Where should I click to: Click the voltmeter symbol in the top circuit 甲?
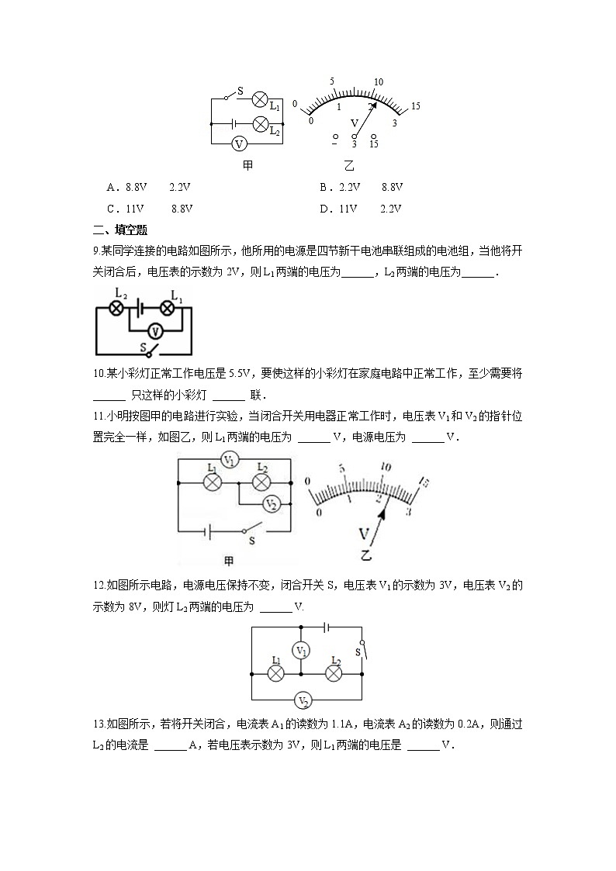241,143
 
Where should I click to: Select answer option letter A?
111,188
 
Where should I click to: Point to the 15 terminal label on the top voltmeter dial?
374,145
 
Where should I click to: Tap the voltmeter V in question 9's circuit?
155,330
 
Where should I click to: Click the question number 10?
99,374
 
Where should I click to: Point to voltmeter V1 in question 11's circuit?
230,460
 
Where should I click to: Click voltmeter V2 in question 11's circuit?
271,503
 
